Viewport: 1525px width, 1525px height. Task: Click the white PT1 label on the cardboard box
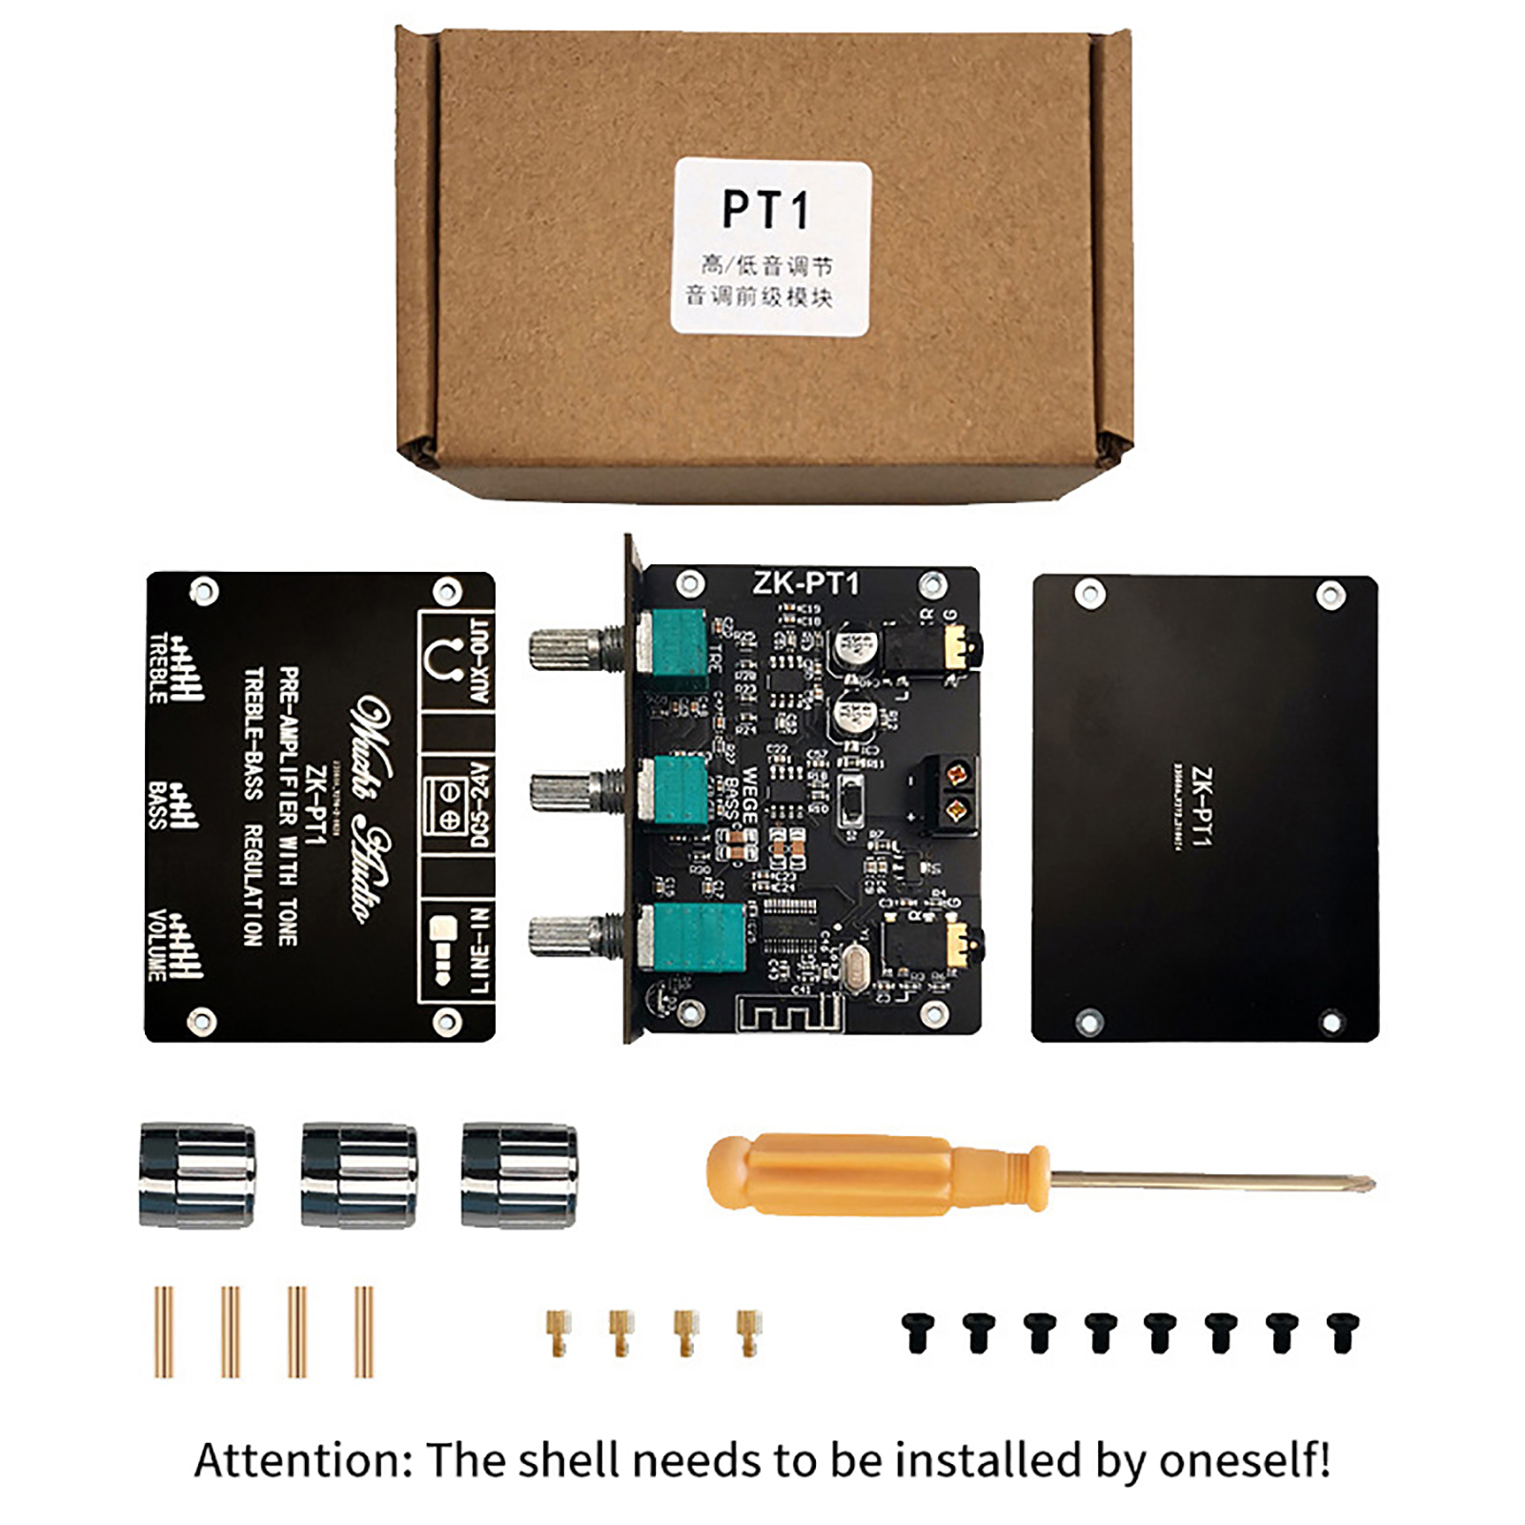click(771, 247)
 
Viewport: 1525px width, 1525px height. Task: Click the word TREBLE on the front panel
click(158, 668)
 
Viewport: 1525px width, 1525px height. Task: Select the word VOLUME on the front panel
click(157, 945)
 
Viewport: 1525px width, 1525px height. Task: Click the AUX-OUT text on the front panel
click(479, 661)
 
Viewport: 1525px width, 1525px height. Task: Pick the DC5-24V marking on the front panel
click(479, 803)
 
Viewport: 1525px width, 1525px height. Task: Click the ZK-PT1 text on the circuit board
click(805, 582)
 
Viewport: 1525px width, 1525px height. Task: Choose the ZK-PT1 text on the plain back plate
click(1202, 808)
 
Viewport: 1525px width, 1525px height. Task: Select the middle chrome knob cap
click(358, 1174)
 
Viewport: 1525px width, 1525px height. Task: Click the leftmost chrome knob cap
click(197, 1174)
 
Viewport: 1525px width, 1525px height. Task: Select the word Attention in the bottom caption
click(303, 1459)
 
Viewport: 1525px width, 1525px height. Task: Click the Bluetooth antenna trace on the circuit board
click(790, 1017)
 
